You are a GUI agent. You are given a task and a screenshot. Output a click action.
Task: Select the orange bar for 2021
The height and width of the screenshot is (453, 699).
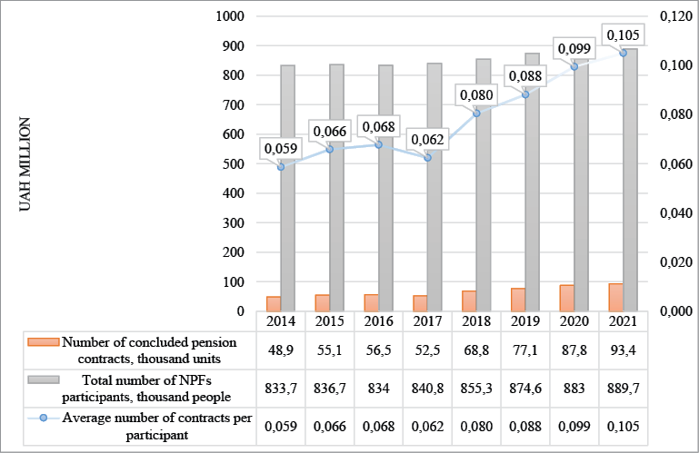click(616, 297)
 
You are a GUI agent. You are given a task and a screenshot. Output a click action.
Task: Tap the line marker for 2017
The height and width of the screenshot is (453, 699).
click(428, 158)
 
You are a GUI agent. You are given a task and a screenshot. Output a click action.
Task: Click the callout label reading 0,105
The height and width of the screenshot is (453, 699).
click(623, 35)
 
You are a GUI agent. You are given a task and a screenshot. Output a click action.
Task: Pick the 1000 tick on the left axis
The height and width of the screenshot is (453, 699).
click(231, 16)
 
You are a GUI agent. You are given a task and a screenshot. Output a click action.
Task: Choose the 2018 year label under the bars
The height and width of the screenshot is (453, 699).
click(476, 320)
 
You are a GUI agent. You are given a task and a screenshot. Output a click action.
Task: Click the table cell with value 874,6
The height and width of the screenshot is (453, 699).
click(525, 386)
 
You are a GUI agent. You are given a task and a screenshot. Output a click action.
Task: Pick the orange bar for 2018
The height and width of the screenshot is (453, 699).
click(469, 300)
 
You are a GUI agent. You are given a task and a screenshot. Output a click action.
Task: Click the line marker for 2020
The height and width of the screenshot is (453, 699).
click(574, 66)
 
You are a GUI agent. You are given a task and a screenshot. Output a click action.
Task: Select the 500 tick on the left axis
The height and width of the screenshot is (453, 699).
click(235, 163)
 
